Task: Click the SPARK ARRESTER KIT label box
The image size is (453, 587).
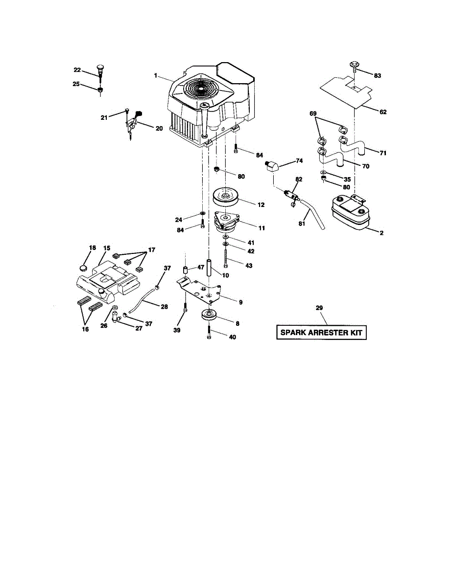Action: [x=321, y=333]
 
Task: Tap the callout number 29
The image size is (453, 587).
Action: [x=319, y=308]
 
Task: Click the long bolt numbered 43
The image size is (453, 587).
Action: [x=225, y=257]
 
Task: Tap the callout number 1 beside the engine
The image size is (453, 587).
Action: [x=155, y=76]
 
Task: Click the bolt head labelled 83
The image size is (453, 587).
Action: [x=354, y=65]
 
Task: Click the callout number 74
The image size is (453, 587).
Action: [x=299, y=160]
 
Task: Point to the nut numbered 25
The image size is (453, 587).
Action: [x=99, y=90]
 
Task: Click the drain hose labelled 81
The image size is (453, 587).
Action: [x=313, y=213]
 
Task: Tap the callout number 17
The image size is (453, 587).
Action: [x=151, y=250]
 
